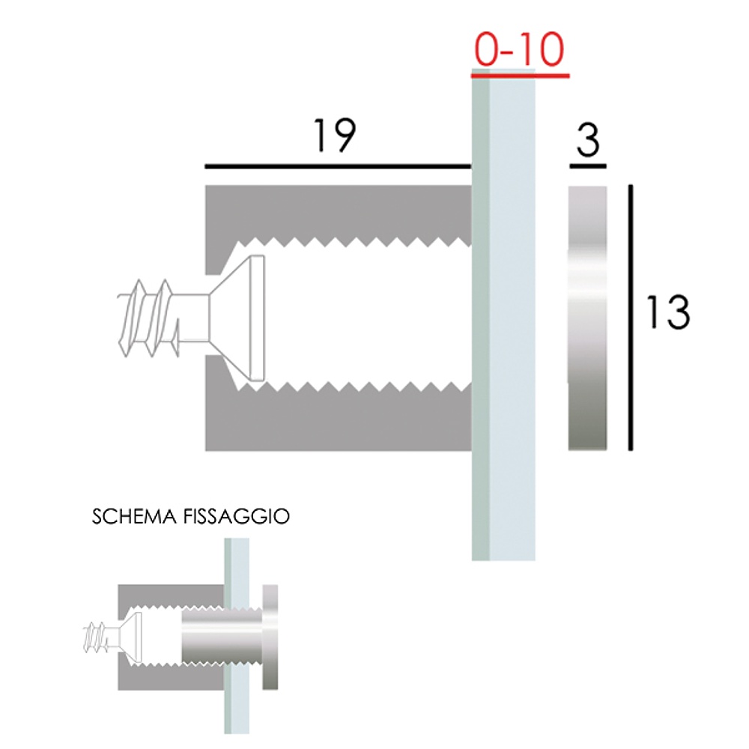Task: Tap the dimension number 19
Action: pos(335,136)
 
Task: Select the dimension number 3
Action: pos(588,140)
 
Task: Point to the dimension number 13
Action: pos(667,312)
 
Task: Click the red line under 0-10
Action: pos(521,75)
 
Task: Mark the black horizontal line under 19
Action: pos(338,166)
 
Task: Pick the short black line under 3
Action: pos(588,166)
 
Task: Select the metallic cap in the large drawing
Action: pos(587,318)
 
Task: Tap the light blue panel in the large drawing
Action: pos(512,318)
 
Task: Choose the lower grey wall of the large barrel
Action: pos(337,422)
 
